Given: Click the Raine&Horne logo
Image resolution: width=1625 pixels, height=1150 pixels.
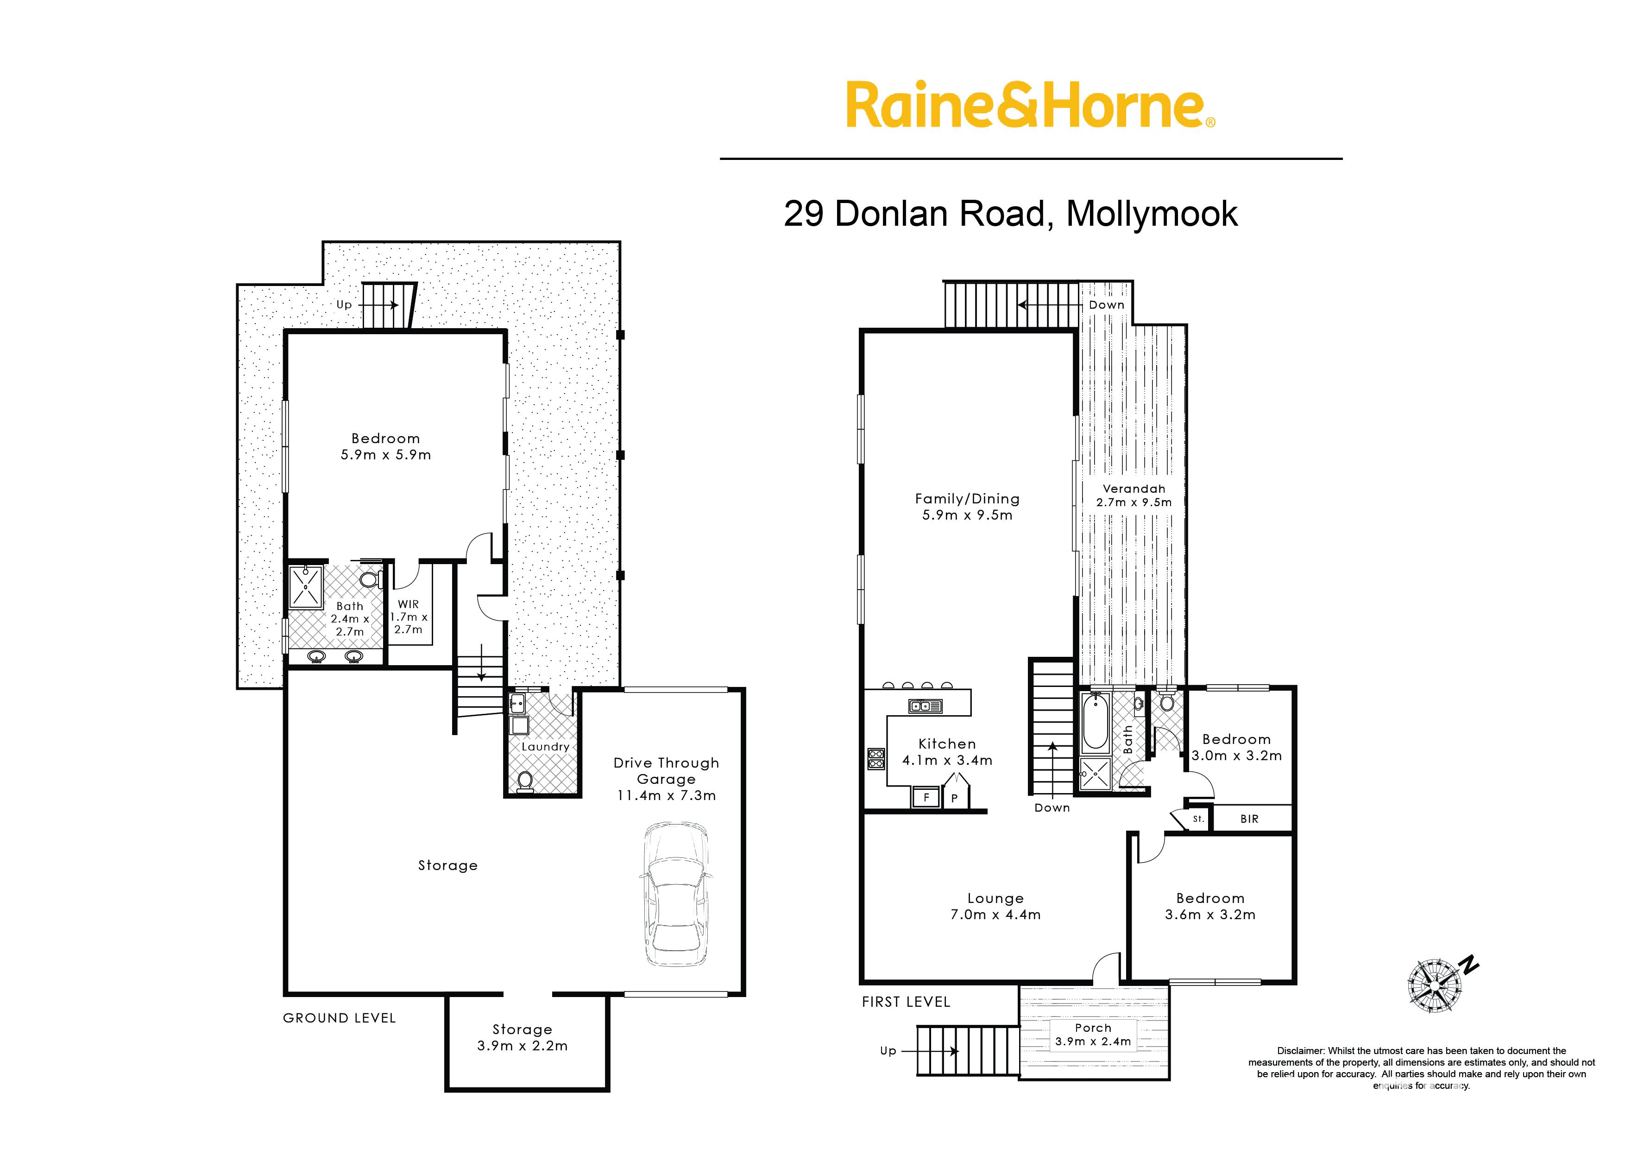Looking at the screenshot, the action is tap(1031, 106).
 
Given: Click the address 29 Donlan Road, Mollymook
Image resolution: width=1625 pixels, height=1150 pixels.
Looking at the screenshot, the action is tap(1011, 213).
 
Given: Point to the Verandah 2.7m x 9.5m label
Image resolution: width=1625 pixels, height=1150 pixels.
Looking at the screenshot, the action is tap(1134, 495).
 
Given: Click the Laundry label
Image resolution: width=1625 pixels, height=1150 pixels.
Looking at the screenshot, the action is tap(545, 746).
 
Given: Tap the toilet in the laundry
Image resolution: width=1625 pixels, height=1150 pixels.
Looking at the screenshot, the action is tap(524, 781).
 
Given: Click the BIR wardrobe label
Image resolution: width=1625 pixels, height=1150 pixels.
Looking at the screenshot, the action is tap(1249, 819).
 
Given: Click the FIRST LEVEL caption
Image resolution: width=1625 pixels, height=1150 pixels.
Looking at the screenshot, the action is tap(906, 1002).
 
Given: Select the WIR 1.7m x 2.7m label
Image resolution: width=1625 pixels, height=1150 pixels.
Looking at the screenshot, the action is tap(409, 617).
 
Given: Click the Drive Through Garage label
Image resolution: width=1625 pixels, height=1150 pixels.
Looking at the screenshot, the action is tap(666, 779).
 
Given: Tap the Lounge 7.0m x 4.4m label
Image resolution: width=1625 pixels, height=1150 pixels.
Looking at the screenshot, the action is tap(995, 906).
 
